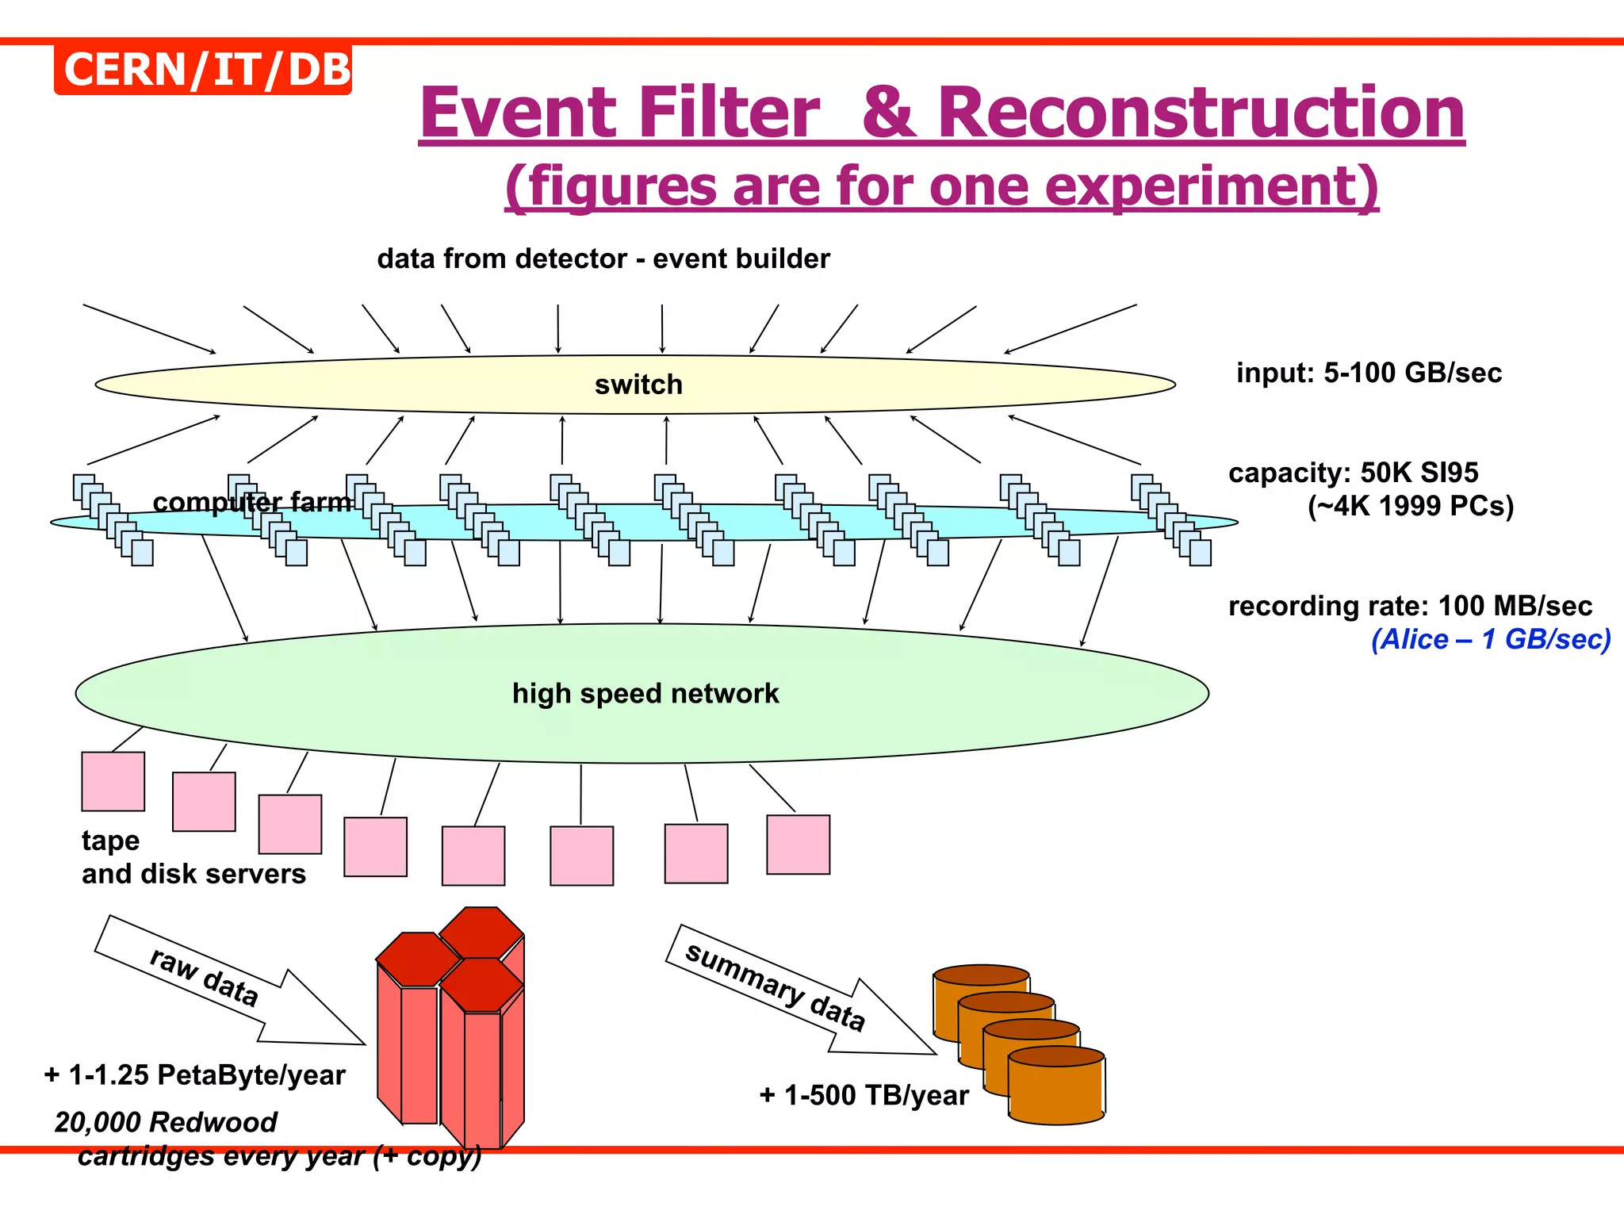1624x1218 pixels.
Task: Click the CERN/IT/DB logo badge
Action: click(x=203, y=70)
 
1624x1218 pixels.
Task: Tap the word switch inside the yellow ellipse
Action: click(x=638, y=385)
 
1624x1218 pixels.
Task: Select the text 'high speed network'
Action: click(x=645, y=693)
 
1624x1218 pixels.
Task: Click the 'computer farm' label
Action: click(x=252, y=502)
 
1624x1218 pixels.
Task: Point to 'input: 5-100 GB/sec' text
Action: click(x=1369, y=373)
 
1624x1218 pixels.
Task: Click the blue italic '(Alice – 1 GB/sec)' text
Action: click(x=1491, y=639)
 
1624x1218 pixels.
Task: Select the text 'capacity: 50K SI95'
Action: click(x=1353, y=473)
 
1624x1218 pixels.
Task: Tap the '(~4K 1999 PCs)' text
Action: click(x=1410, y=506)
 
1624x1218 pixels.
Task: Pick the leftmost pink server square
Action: click(x=113, y=781)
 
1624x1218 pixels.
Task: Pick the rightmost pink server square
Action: click(x=798, y=845)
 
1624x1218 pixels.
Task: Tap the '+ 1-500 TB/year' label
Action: click(x=864, y=1095)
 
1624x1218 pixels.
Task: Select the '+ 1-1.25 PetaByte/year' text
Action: click(x=195, y=1074)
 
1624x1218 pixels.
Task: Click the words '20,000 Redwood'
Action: click(x=166, y=1122)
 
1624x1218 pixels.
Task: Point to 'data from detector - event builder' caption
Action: click(x=603, y=259)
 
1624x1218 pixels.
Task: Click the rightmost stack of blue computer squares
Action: click(x=1171, y=519)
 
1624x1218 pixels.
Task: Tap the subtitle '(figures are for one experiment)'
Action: click(x=941, y=186)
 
